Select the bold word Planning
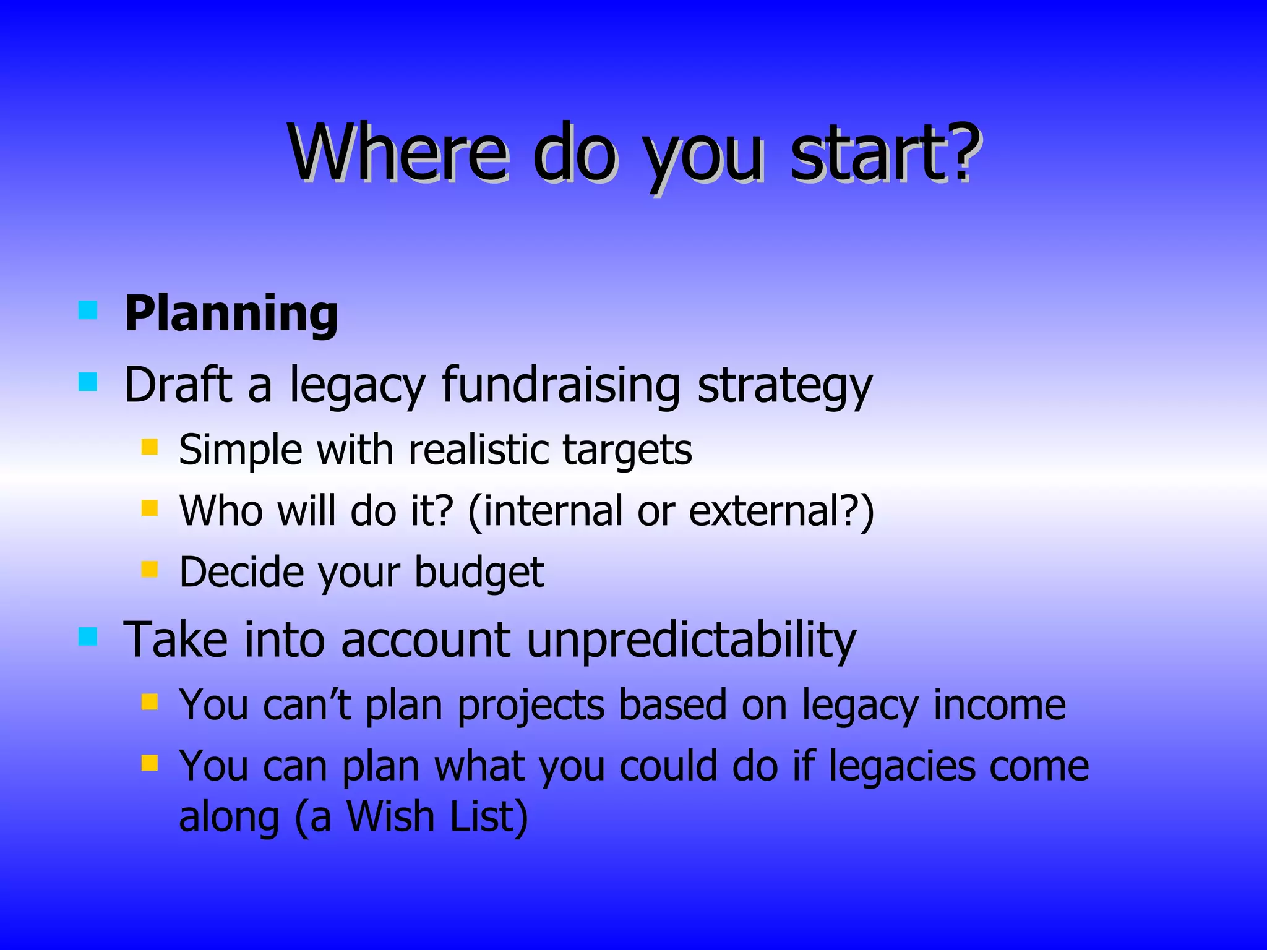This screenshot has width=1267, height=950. coord(231,314)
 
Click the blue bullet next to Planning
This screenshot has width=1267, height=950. coord(88,310)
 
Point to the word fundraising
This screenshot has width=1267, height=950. coord(561,385)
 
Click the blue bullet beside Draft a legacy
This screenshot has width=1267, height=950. coord(88,382)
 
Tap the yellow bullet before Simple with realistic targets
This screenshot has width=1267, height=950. coord(149,447)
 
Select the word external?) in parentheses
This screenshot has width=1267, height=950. coord(781,511)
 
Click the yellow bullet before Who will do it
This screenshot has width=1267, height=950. coord(149,508)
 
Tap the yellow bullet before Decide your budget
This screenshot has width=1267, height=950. coord(149,568)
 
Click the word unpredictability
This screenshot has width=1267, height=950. coord(691,640)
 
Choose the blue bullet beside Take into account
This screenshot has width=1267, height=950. coord(88,636)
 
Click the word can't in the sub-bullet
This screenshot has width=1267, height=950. coord(307,705)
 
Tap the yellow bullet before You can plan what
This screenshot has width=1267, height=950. coord(149,763)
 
